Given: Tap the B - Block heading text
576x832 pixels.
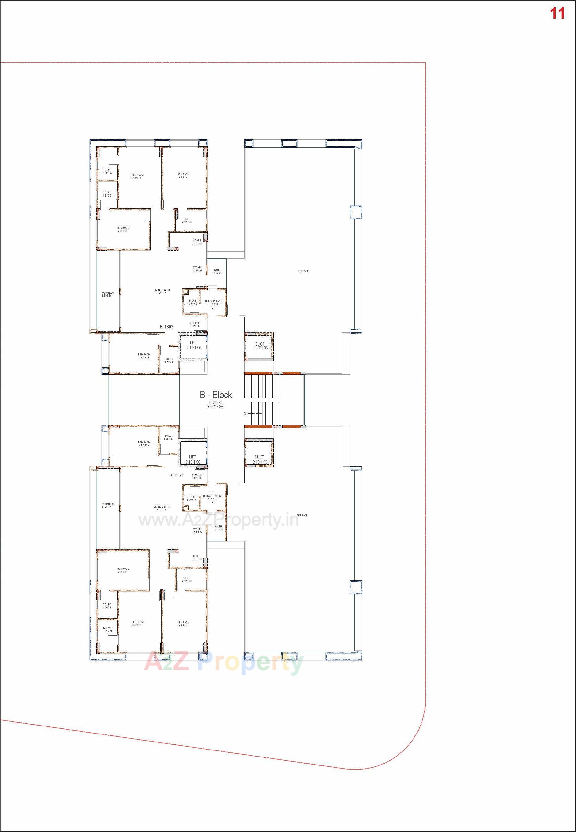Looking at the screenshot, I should tap(216, 395).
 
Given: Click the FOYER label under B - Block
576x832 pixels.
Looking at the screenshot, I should tap(215, 402).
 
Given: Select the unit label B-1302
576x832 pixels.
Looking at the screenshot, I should tap(167, 327).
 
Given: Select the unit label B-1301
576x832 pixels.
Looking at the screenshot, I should tap(176, 476).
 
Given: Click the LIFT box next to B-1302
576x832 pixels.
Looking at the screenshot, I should tap(193, 346).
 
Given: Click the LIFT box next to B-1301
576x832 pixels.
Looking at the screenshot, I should tap(193, 459).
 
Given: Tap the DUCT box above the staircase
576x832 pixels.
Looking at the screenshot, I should tap(259, 346).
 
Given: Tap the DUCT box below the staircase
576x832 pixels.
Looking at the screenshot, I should tap(259, 459).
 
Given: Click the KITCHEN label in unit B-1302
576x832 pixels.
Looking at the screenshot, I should tap(197, 269).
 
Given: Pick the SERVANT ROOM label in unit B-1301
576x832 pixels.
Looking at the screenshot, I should tap(212, 498).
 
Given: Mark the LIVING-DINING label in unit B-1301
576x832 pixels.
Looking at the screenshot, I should tap(162, 508).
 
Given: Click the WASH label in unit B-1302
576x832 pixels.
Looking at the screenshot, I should tap(217, 271).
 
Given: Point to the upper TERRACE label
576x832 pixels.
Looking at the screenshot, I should tap(303, 271).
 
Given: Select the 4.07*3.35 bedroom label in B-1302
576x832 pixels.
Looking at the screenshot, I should tap(144, 356).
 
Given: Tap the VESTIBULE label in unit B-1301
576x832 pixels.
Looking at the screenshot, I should tap(197, 476).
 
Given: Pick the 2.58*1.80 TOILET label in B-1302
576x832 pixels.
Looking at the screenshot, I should tap(186, 220).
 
